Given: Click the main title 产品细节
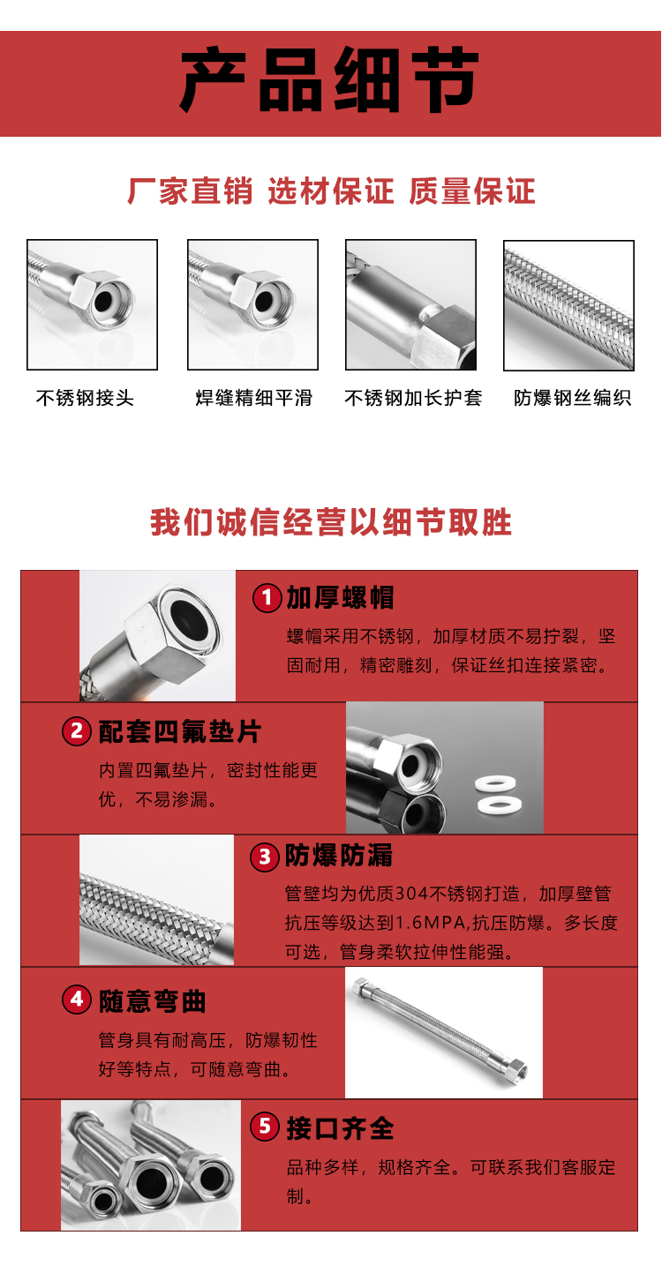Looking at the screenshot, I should click(x=330, y=81).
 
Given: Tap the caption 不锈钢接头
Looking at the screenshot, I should click(x=85, y=398).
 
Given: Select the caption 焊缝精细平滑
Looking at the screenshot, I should click(x=253, y=398).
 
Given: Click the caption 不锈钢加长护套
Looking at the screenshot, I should click(x=413, y=398).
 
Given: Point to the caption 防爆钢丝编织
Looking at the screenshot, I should click(x=572, y=398).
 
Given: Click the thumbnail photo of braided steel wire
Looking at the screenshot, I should click(x=568, y=305).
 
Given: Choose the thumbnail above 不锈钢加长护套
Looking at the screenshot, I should click(x=410, y=305).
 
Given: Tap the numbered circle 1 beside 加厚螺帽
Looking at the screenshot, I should click(x=267, y=598).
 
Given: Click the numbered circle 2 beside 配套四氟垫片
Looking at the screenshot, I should click(x=77, y=731).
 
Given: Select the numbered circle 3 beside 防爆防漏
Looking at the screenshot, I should click(x=265, y=857).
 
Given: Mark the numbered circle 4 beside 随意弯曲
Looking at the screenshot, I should click(x=77, y=1000).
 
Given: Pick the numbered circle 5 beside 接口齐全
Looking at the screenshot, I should click(x=265, y=1127).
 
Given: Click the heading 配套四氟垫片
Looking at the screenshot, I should click(x=179, y=731).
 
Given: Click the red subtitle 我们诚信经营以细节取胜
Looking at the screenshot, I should click(x=330, y=522).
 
